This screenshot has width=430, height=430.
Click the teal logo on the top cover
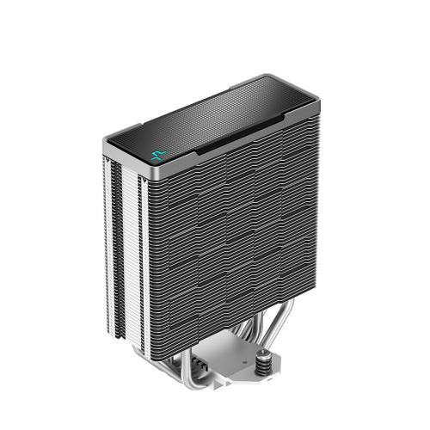(x=157, y=157)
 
